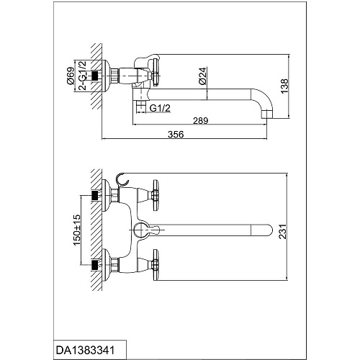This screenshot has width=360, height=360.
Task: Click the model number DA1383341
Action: pyautogui.click(x=85, y=350)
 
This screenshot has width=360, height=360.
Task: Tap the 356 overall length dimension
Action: pyautogui.click(x=176, y=134)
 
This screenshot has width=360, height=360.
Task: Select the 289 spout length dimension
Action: pyautogui.click(x=201, y=120)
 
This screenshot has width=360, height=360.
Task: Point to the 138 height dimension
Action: pyautogui.click(x=285, y=86)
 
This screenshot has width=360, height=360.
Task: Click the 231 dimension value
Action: pyautogui.click(x=283, y=231)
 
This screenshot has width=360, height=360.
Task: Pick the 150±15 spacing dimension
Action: pyautogui.click(x=77, y=230)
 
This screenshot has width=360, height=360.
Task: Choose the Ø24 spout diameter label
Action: pyautogui.click(x=203, y=76)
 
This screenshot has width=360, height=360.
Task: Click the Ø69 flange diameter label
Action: pyautogui.click(x=71, y=76)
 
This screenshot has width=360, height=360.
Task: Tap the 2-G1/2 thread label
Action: pyautogui.click(x=83, y=76)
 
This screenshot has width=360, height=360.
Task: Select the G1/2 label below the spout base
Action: pyautogui.click(x=160, y=108)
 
